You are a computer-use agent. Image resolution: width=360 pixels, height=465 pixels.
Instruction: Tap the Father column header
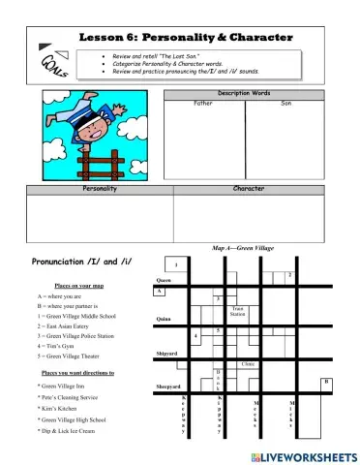(x=203, y=103)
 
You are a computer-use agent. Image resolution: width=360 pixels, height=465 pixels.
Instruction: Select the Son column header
(x=285, y=103)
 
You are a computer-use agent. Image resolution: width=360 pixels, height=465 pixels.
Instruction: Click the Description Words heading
(x=244, y=94)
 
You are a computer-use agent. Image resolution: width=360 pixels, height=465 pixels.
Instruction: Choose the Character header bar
(x=249, y=189)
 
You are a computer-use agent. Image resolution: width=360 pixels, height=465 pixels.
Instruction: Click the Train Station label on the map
(x=237, y=313)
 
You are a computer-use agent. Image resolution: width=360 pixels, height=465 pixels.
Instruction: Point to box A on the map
(x=160, y=290)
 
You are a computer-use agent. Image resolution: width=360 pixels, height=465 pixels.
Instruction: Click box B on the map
(x=326, y=382)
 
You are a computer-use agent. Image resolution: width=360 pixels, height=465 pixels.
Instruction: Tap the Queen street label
(x=164, y=281)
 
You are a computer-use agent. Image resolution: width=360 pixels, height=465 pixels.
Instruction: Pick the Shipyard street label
(x=166, y=355)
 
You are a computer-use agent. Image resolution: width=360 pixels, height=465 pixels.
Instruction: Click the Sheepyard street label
(x=168, y=387)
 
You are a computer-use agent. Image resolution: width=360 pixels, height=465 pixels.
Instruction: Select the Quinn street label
(x=164, y=318)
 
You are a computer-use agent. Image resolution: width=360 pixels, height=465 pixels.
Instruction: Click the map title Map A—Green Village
(x=243, y=249)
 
